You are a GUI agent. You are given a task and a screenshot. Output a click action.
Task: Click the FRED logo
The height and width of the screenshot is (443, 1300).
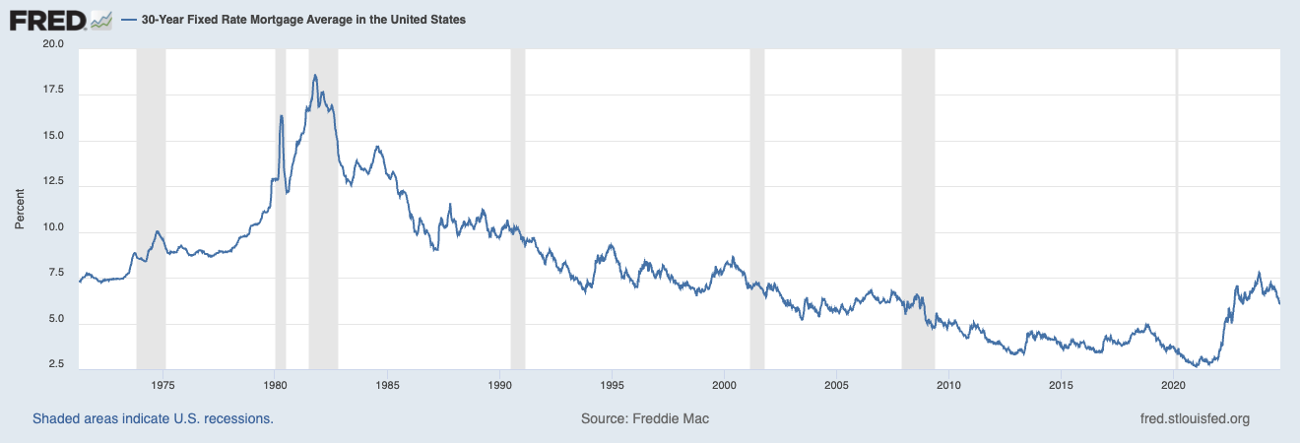click(x=59, y=19)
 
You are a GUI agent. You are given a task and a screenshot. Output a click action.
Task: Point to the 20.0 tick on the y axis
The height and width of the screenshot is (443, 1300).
click(x=52, y=45)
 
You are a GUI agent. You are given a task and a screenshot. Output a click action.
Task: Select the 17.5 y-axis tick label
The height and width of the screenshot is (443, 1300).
click(x=52, y=91)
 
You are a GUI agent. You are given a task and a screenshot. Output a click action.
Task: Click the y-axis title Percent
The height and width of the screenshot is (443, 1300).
click(x=20, y=207)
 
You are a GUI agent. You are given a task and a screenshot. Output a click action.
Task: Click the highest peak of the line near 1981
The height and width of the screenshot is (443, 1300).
click(x=314, y=75)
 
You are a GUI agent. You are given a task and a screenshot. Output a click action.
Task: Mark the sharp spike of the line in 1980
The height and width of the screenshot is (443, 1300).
click(x=282, y=116)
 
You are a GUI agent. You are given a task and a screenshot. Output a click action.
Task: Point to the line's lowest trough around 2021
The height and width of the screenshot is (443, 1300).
click(x=1196, y=365)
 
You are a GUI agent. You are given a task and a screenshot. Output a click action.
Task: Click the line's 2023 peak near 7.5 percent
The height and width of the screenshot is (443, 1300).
click(x=1258, y=273)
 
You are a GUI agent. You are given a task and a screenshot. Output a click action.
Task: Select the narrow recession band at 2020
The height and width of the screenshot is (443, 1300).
click(x=1177, y=207)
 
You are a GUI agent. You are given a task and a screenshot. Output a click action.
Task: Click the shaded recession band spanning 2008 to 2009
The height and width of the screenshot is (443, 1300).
click(x=918, y=207)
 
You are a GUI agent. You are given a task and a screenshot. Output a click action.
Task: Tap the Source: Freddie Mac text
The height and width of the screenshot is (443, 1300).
click(x=645, y=418)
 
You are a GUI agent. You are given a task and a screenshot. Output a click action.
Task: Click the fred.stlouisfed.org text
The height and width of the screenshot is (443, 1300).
click(x=1193, y=418)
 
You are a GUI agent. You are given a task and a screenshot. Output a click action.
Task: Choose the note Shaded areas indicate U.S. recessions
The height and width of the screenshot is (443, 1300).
click(x=153, y=418)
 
